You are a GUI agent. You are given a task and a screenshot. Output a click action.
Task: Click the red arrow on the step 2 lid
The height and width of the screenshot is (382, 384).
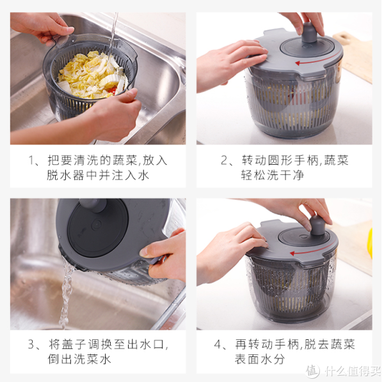(x=316, y=60)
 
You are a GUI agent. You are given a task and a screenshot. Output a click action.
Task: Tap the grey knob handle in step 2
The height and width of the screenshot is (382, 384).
(x=309, y=33)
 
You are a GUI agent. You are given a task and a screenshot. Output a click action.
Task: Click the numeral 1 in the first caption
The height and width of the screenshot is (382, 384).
(x=31, y=160)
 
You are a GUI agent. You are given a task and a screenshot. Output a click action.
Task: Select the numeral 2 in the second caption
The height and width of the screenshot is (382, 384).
(x=224, y=160)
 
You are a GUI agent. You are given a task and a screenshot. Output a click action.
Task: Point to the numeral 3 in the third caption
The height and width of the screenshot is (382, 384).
(x=31, y=344)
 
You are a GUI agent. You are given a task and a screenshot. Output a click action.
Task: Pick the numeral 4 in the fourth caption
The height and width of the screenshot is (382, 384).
(x=218, y=344)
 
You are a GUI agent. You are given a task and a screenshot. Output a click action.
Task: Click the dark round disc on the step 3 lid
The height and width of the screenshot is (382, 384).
(x=97, y=228)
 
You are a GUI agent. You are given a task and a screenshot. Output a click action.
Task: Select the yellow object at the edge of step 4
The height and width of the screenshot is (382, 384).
(x=370, y=243)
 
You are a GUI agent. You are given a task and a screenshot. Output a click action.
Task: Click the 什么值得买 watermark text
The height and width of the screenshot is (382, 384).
(x=353, y=371)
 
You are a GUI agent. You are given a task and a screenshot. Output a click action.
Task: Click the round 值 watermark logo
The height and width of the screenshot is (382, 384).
(x=312, y=371)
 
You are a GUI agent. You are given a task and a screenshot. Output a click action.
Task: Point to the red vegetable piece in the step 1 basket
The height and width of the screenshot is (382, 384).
(x=112, y=91)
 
